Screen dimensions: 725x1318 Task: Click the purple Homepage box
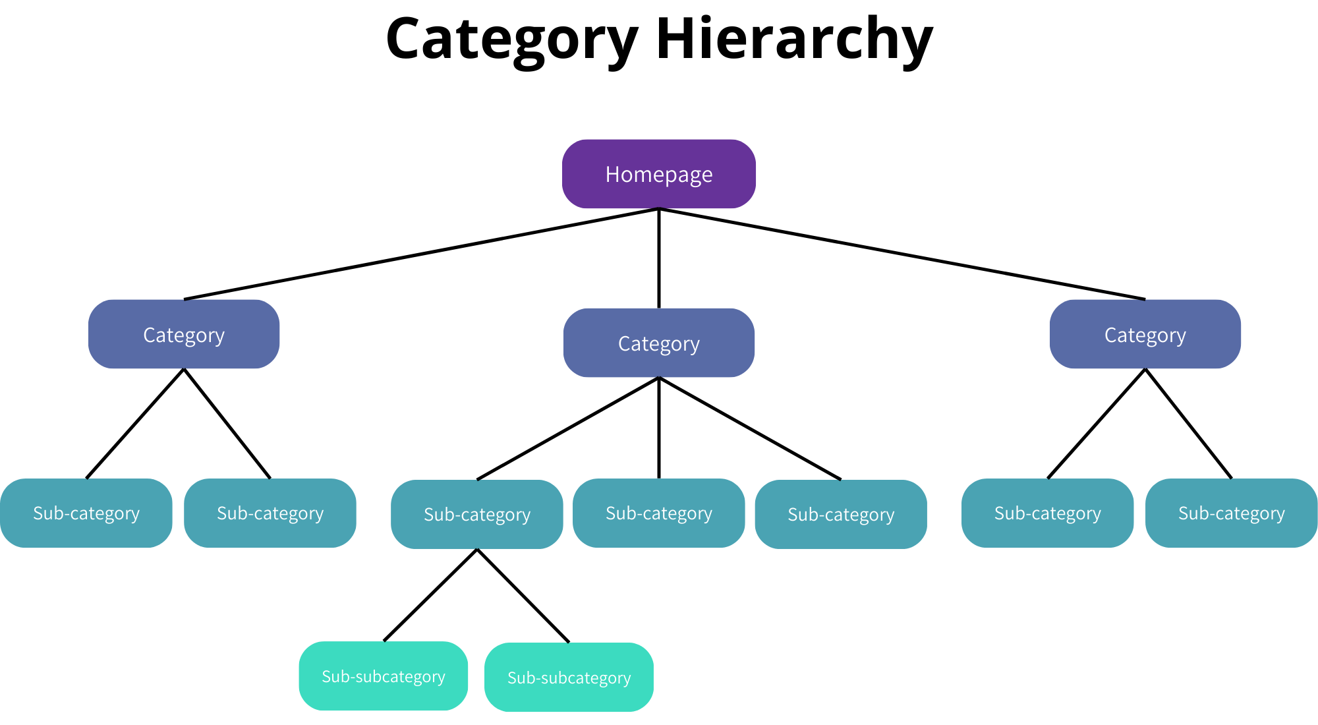pos(658,174)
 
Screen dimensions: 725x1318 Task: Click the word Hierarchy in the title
pos(794,40)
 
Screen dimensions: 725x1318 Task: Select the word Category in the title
pos(512,40)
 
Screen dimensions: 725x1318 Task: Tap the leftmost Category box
pos(184,334)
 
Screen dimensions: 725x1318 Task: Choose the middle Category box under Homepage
pos(658,343)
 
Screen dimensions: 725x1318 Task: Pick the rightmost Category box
pos(1145,334)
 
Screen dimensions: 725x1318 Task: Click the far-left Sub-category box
pos(86,513)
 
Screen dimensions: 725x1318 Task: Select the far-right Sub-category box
pos(1231,513)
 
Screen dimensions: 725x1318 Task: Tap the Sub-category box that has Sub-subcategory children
pos(476,514)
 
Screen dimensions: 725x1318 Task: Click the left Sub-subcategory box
pos(383,676)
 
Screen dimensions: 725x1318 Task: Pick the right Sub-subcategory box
pos(569,678)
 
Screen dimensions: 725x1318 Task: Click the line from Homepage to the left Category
pos(422,254)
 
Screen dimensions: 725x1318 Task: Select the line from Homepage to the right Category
pos(902,254)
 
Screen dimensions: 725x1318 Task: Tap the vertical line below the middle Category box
pos(659,428)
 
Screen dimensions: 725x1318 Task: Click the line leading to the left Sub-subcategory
pos(430,594)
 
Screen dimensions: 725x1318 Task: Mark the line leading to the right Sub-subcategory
pos(523,594)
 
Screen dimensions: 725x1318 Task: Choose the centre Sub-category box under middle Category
pos(658,513)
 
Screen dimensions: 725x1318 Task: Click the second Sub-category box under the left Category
pos(270,513)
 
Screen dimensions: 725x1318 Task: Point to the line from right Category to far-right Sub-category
pos(1188,423)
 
